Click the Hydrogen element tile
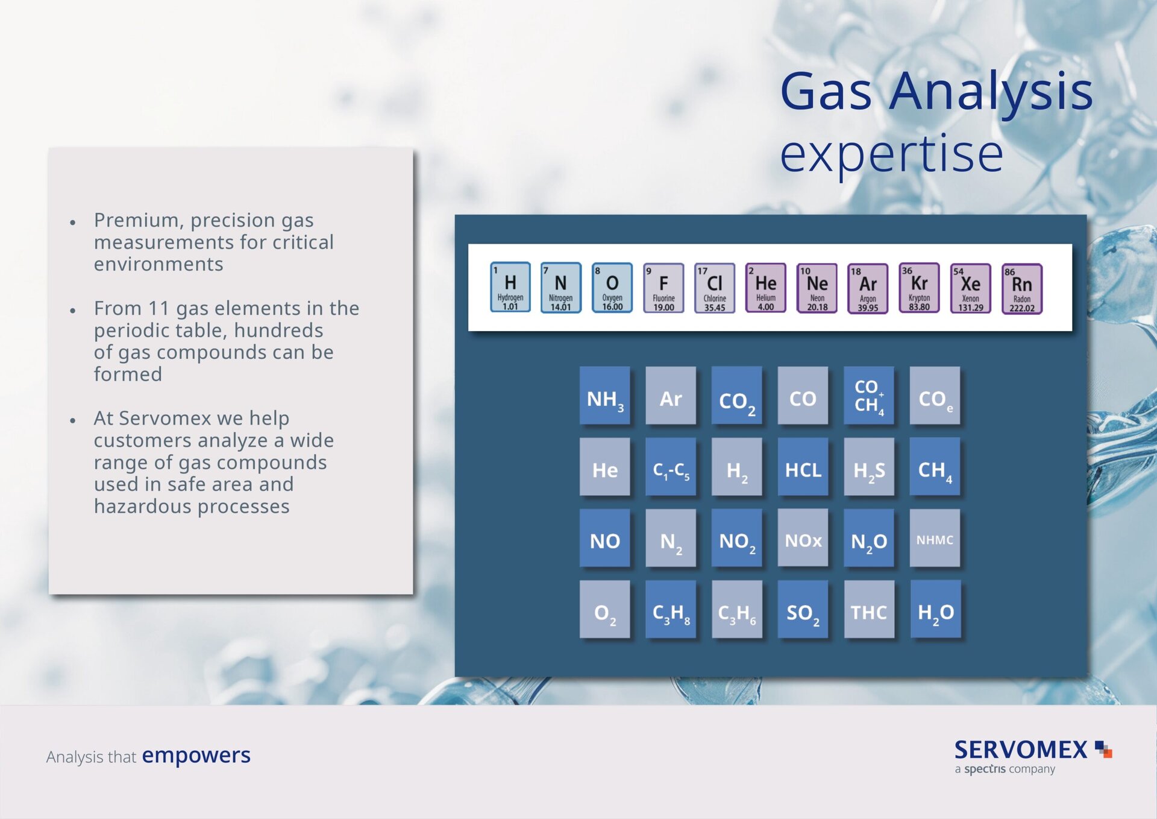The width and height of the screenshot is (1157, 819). [x=510, y=287]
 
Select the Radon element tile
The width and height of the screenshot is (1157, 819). [x=1022, y=289]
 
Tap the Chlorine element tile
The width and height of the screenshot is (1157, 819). [x=715, y=288]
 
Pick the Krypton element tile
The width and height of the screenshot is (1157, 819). [x=920, y=288]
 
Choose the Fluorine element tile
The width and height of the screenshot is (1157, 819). [x=663, y=288]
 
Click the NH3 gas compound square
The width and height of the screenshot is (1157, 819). [x=605, y=395]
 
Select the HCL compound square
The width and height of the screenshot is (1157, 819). [x=803, y=466]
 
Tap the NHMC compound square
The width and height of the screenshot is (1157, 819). [x=935, y=537]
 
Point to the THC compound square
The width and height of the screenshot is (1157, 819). [x=869, y=609]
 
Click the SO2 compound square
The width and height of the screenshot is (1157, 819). [x=803, y=609]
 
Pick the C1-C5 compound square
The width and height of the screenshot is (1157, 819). [x=671, y=466]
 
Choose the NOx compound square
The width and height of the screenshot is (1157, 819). [x=803, y=537]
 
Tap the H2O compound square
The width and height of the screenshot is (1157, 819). [x=935, y=609]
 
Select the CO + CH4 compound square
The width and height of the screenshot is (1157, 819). [x=869, y=395]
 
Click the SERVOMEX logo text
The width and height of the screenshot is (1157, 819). [x=1021, y=750]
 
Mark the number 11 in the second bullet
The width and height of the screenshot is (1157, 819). [x=158, y=308]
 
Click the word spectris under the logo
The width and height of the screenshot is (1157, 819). [x=985, y=769]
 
